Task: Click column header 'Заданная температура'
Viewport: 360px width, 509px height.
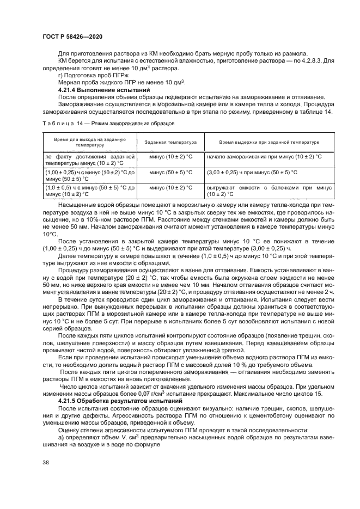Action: point(170,142)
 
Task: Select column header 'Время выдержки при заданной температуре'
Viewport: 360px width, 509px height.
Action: point(269,142)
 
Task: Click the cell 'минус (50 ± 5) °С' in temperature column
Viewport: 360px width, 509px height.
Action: point(170,173)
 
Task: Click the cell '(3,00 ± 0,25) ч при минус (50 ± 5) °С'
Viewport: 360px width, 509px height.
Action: point(252,173)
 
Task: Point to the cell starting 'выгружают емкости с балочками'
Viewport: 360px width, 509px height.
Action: point(269,191)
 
